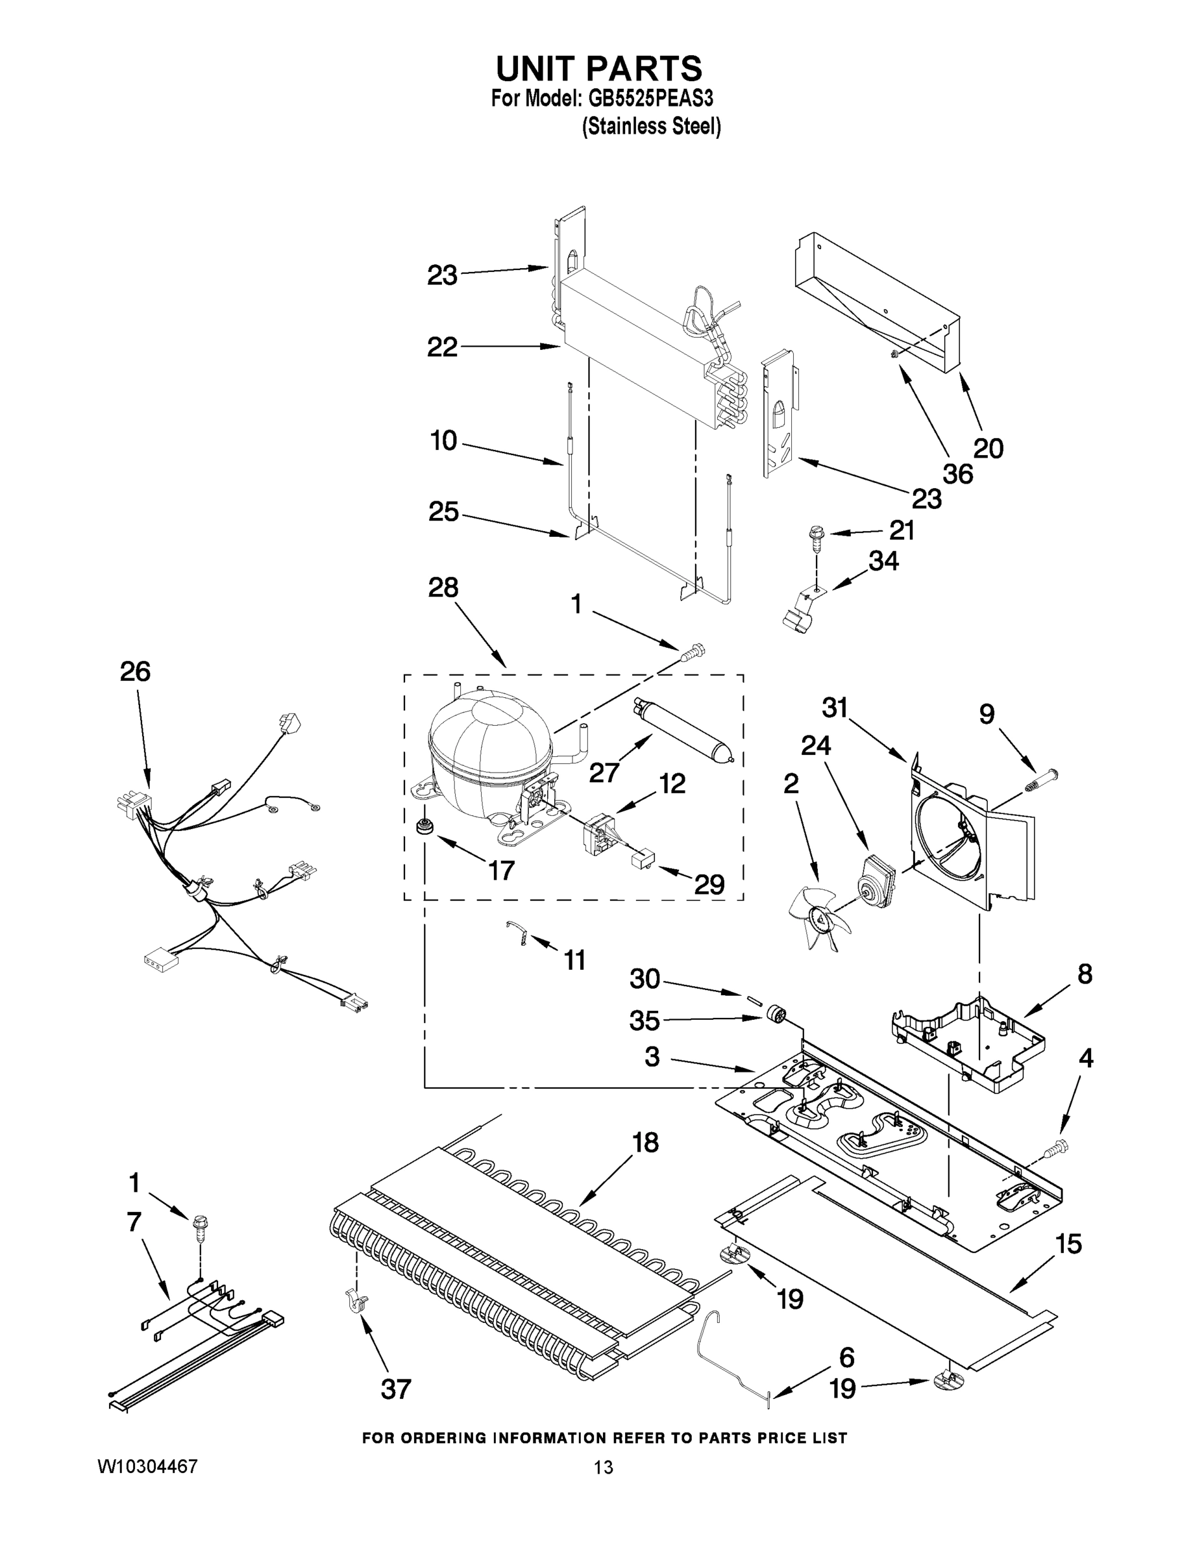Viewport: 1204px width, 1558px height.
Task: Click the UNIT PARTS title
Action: tap(599, 69)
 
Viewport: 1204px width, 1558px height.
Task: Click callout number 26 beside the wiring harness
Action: tap(135, 671)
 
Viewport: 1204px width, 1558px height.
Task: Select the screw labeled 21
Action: tap(815, 535)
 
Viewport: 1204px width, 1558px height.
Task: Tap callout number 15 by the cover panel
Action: tap(1068, 1243)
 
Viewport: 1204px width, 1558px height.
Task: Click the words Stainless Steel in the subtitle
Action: tap(651, 127)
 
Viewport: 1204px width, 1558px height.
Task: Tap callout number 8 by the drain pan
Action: tap(1084, 974)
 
